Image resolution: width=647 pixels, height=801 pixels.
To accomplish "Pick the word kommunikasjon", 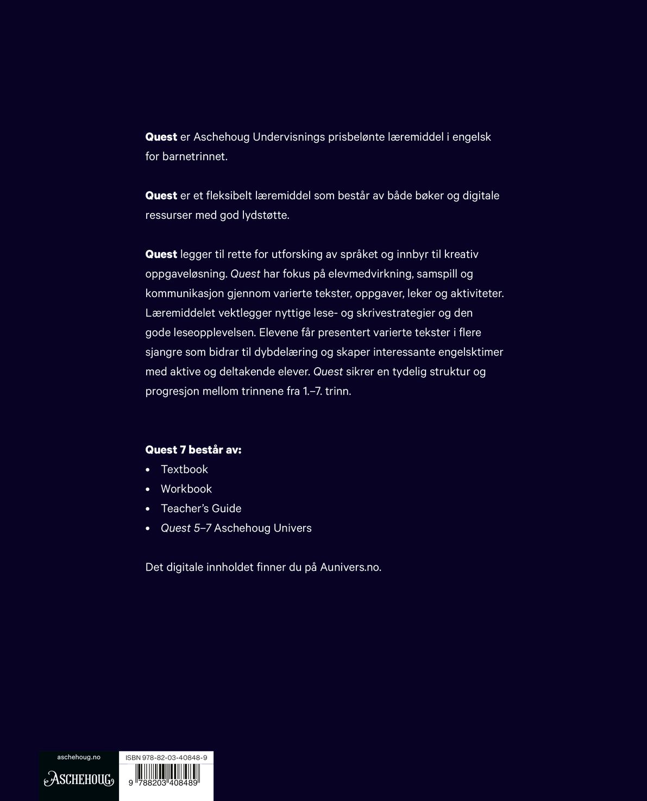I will [x=181, y=294].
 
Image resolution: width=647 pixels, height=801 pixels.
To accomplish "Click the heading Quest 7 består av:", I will [x=193, y=450].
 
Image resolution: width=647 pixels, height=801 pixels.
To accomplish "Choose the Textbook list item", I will [x=184, y=469].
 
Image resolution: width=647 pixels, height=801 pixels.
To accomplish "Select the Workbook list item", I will [x=186, y=489].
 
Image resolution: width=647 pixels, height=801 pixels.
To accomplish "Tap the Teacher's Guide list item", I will [x=201, y=508].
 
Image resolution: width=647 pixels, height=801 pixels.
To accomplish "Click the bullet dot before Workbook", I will [x=148, y=489].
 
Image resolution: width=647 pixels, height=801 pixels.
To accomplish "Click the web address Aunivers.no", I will [x=350, y=567].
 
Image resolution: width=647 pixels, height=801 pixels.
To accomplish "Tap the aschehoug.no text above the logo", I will [x=79, y=757].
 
